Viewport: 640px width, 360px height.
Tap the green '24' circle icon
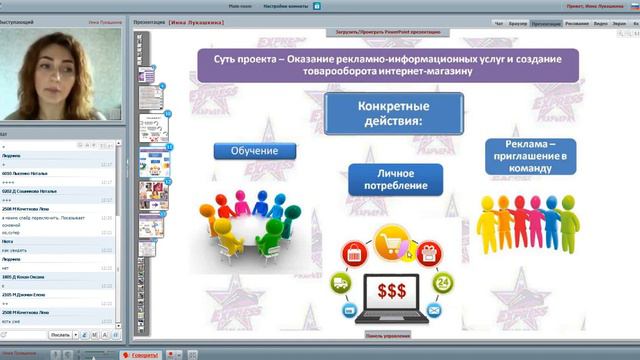[x=438, y=284]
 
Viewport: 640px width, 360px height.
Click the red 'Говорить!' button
[x=139, y=354]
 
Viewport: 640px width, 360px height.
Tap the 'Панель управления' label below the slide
[x=386, y=335]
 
